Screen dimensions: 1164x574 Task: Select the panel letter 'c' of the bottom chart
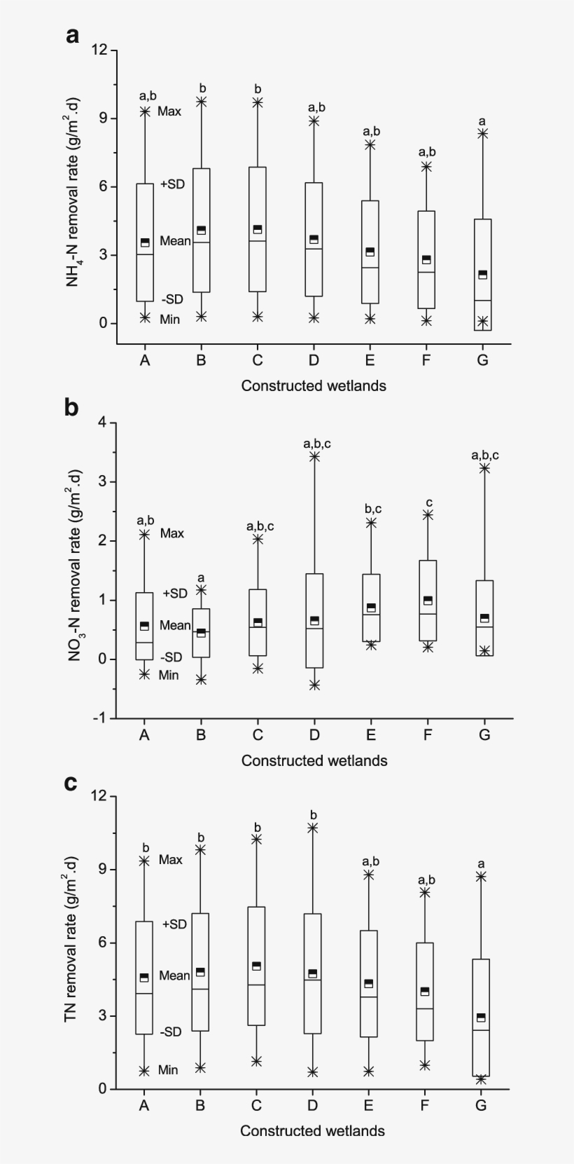coord(71,781)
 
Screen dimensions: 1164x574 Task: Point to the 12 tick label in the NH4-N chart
coord(99,50)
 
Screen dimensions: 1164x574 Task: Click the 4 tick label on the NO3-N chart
coord(103,423)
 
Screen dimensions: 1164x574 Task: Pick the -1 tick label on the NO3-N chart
coord(99,718)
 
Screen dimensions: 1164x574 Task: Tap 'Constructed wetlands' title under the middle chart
coord(314,760)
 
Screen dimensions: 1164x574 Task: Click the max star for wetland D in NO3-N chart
coord(314,457)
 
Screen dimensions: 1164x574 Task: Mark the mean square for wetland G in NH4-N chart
coord(482,274)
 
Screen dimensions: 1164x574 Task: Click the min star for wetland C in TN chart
coord(256,1062)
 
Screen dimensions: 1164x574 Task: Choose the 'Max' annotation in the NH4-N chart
coord(169,111)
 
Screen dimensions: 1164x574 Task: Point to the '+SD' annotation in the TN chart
coord(174,924)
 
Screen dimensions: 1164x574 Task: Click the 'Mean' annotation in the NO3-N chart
coord(175,625)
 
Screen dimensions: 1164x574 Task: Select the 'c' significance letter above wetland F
coord(428,502)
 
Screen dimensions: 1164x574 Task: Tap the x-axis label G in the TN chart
coord(481,1105)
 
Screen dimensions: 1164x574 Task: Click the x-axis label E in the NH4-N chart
coord(370,360)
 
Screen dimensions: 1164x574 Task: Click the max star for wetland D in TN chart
coord(313,828)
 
